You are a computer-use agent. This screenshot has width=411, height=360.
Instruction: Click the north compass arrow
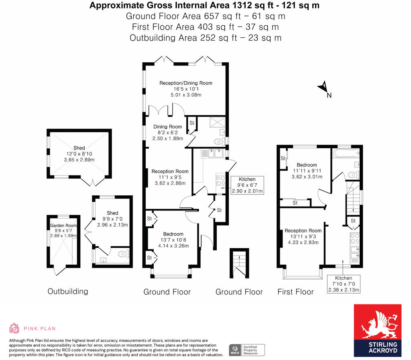pos(322,87)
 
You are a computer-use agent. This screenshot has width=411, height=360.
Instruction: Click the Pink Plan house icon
pos(14,328)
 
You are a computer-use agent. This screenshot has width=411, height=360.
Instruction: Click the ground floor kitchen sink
pos(213,153)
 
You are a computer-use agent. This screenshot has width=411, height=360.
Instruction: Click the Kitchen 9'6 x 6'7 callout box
pos(247,185)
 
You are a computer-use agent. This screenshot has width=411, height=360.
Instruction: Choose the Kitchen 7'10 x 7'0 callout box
pos(344,284)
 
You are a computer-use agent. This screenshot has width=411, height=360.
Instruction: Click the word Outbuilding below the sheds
pos(67,291)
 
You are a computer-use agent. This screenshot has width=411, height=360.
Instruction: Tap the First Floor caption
pos(295,292)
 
